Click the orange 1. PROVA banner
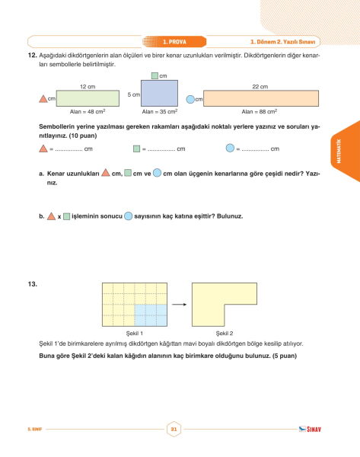[174, 42]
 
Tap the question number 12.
[32, 55]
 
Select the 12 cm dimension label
[88, 87]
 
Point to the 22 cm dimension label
[260, 87]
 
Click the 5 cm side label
[134, 94]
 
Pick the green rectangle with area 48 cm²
[88, 98]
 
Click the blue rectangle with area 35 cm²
[159, 93]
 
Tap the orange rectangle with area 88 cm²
[261, 98]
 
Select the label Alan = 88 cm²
[260, 112]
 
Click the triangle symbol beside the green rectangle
[43, 99]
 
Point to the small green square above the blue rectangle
[155, 75]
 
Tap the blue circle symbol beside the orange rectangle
[190, 99]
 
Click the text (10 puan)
[83, 136]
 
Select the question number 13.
[32, 284]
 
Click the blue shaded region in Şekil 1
[151, 315]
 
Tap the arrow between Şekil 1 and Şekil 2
[179, 305]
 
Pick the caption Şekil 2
[225, 333]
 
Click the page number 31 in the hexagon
[174, 429]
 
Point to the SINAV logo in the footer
[310, 429]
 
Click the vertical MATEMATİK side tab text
[339, 151]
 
